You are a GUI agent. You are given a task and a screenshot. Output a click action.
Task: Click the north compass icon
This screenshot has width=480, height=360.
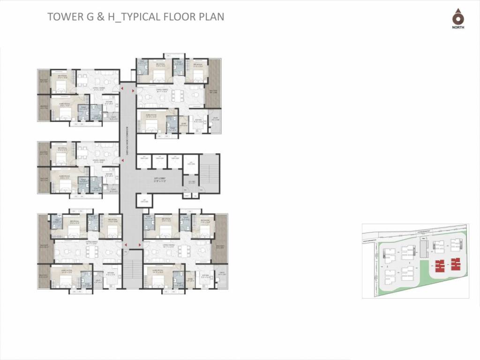pos(457,18)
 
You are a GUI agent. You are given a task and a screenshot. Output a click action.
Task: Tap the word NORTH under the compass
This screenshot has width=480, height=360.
pos(458,28)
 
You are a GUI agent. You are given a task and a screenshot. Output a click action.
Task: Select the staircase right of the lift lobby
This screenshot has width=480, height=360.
pos(210,173)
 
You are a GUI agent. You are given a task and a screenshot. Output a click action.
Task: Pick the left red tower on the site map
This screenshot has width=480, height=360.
pos(439,266)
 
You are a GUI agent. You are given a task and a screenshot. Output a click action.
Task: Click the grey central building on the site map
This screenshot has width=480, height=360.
pos(423,247)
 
